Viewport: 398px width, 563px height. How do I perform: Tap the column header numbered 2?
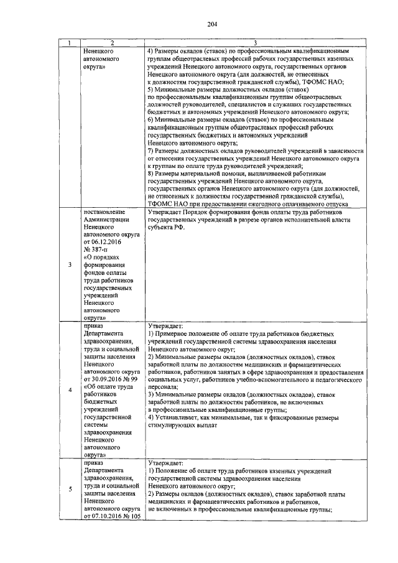[x=113, y=42]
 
